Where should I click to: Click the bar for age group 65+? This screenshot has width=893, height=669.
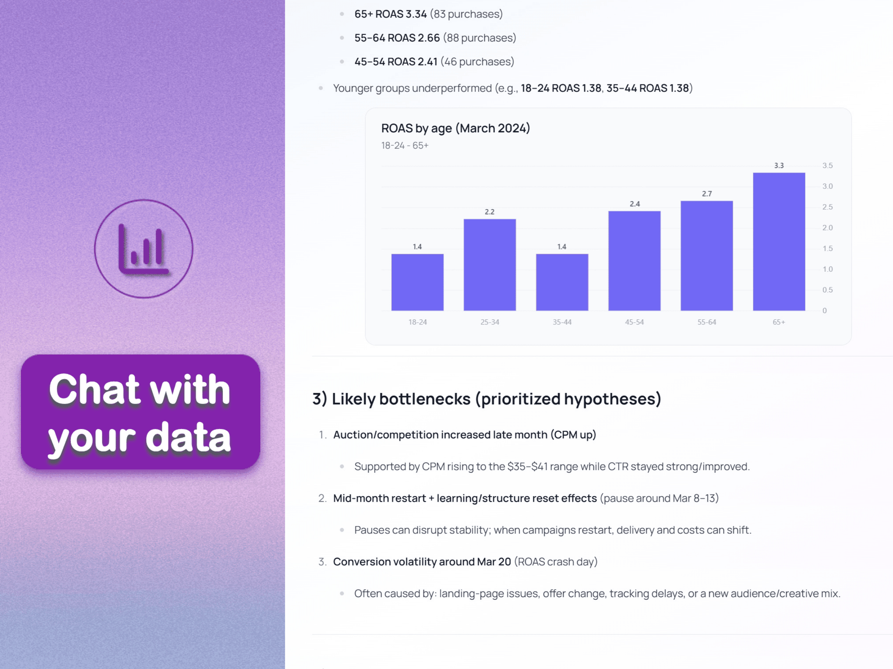click(779, 241)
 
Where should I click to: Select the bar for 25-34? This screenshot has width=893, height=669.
click(490, 265)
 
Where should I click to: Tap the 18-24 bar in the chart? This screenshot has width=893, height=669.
click(418, 282)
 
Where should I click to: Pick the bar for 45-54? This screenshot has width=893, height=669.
click(634, 261)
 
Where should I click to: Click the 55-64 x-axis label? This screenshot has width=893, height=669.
click(706, 322)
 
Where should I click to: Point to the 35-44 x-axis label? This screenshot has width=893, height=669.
click(562, 322)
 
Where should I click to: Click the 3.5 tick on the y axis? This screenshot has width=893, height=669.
click(828, 165)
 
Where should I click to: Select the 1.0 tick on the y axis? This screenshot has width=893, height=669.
click(828, 269)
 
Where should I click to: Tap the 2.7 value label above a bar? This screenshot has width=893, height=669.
click(707, 194)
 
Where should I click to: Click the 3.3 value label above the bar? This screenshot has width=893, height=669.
click(779, 165)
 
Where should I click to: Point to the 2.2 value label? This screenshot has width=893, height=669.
click(489, 212)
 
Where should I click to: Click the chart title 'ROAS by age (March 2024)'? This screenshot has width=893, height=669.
click(455, 128)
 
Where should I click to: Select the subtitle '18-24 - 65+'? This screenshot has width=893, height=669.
click(405, 145)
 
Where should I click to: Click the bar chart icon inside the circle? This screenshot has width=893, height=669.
click(143, 249)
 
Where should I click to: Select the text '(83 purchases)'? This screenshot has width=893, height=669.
click(466, 14)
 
